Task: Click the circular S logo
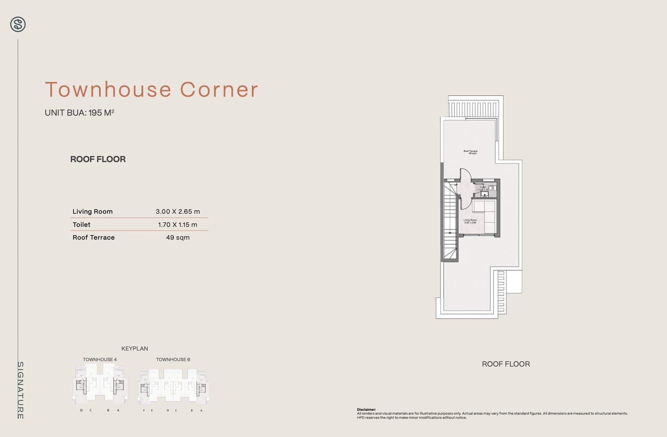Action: (x=18, y=25)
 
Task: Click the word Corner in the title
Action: (x=219, y=89)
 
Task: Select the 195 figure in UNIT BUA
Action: (x=95, y=113)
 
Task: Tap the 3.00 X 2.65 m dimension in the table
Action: (x=178, y=211)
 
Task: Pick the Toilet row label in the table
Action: (x=81, y=224)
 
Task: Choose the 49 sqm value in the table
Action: (x=178, y=237)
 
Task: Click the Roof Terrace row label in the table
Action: (x=93, y=237)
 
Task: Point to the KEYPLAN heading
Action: (x=135, y=349)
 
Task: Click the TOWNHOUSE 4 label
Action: (x=100, y=359)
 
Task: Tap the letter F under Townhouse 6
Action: (x=144, y=410)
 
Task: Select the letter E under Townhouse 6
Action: (x=152, y=410)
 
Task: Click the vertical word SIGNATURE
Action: (x=20, y=390)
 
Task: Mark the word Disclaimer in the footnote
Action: (x=366, y=409)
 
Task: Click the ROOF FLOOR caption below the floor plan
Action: (x=506, y=364)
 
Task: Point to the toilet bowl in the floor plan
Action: (x=492, y=188)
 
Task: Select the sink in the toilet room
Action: (x=485, y=194)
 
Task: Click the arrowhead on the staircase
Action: (x=450, y=233)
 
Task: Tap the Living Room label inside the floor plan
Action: (x=470, y=221)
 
